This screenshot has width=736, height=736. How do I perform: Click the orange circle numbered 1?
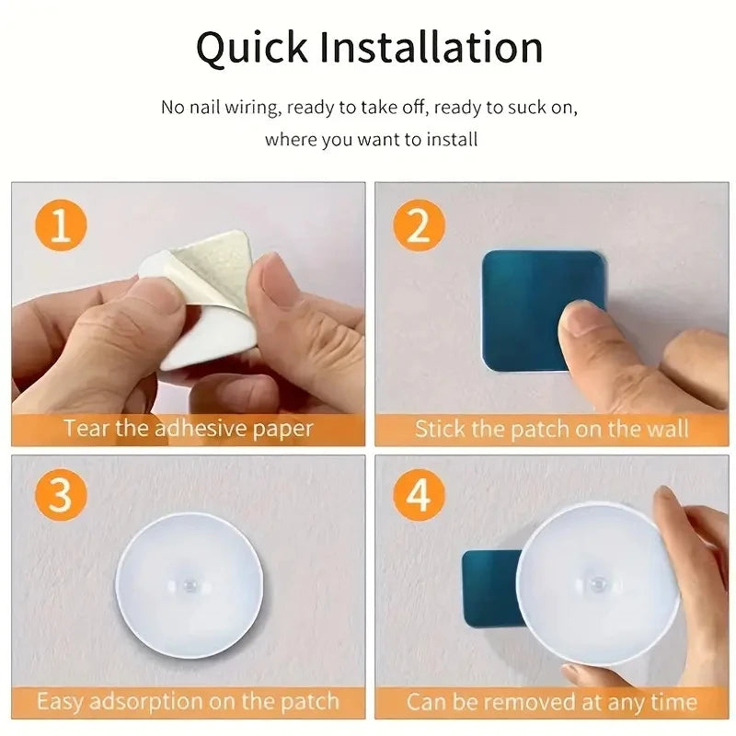61,225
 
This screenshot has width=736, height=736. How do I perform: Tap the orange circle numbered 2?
419,225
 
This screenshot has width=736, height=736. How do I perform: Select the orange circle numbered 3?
61,497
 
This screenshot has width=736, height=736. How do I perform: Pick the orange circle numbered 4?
419,497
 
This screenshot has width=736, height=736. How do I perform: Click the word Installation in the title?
432,48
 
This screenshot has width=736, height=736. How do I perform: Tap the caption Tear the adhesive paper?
189,428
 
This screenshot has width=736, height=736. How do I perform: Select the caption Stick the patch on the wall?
551,428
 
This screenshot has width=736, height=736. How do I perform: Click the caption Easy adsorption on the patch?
189,702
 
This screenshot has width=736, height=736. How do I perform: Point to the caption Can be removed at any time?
551,702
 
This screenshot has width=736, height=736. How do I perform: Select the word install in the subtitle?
452,140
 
